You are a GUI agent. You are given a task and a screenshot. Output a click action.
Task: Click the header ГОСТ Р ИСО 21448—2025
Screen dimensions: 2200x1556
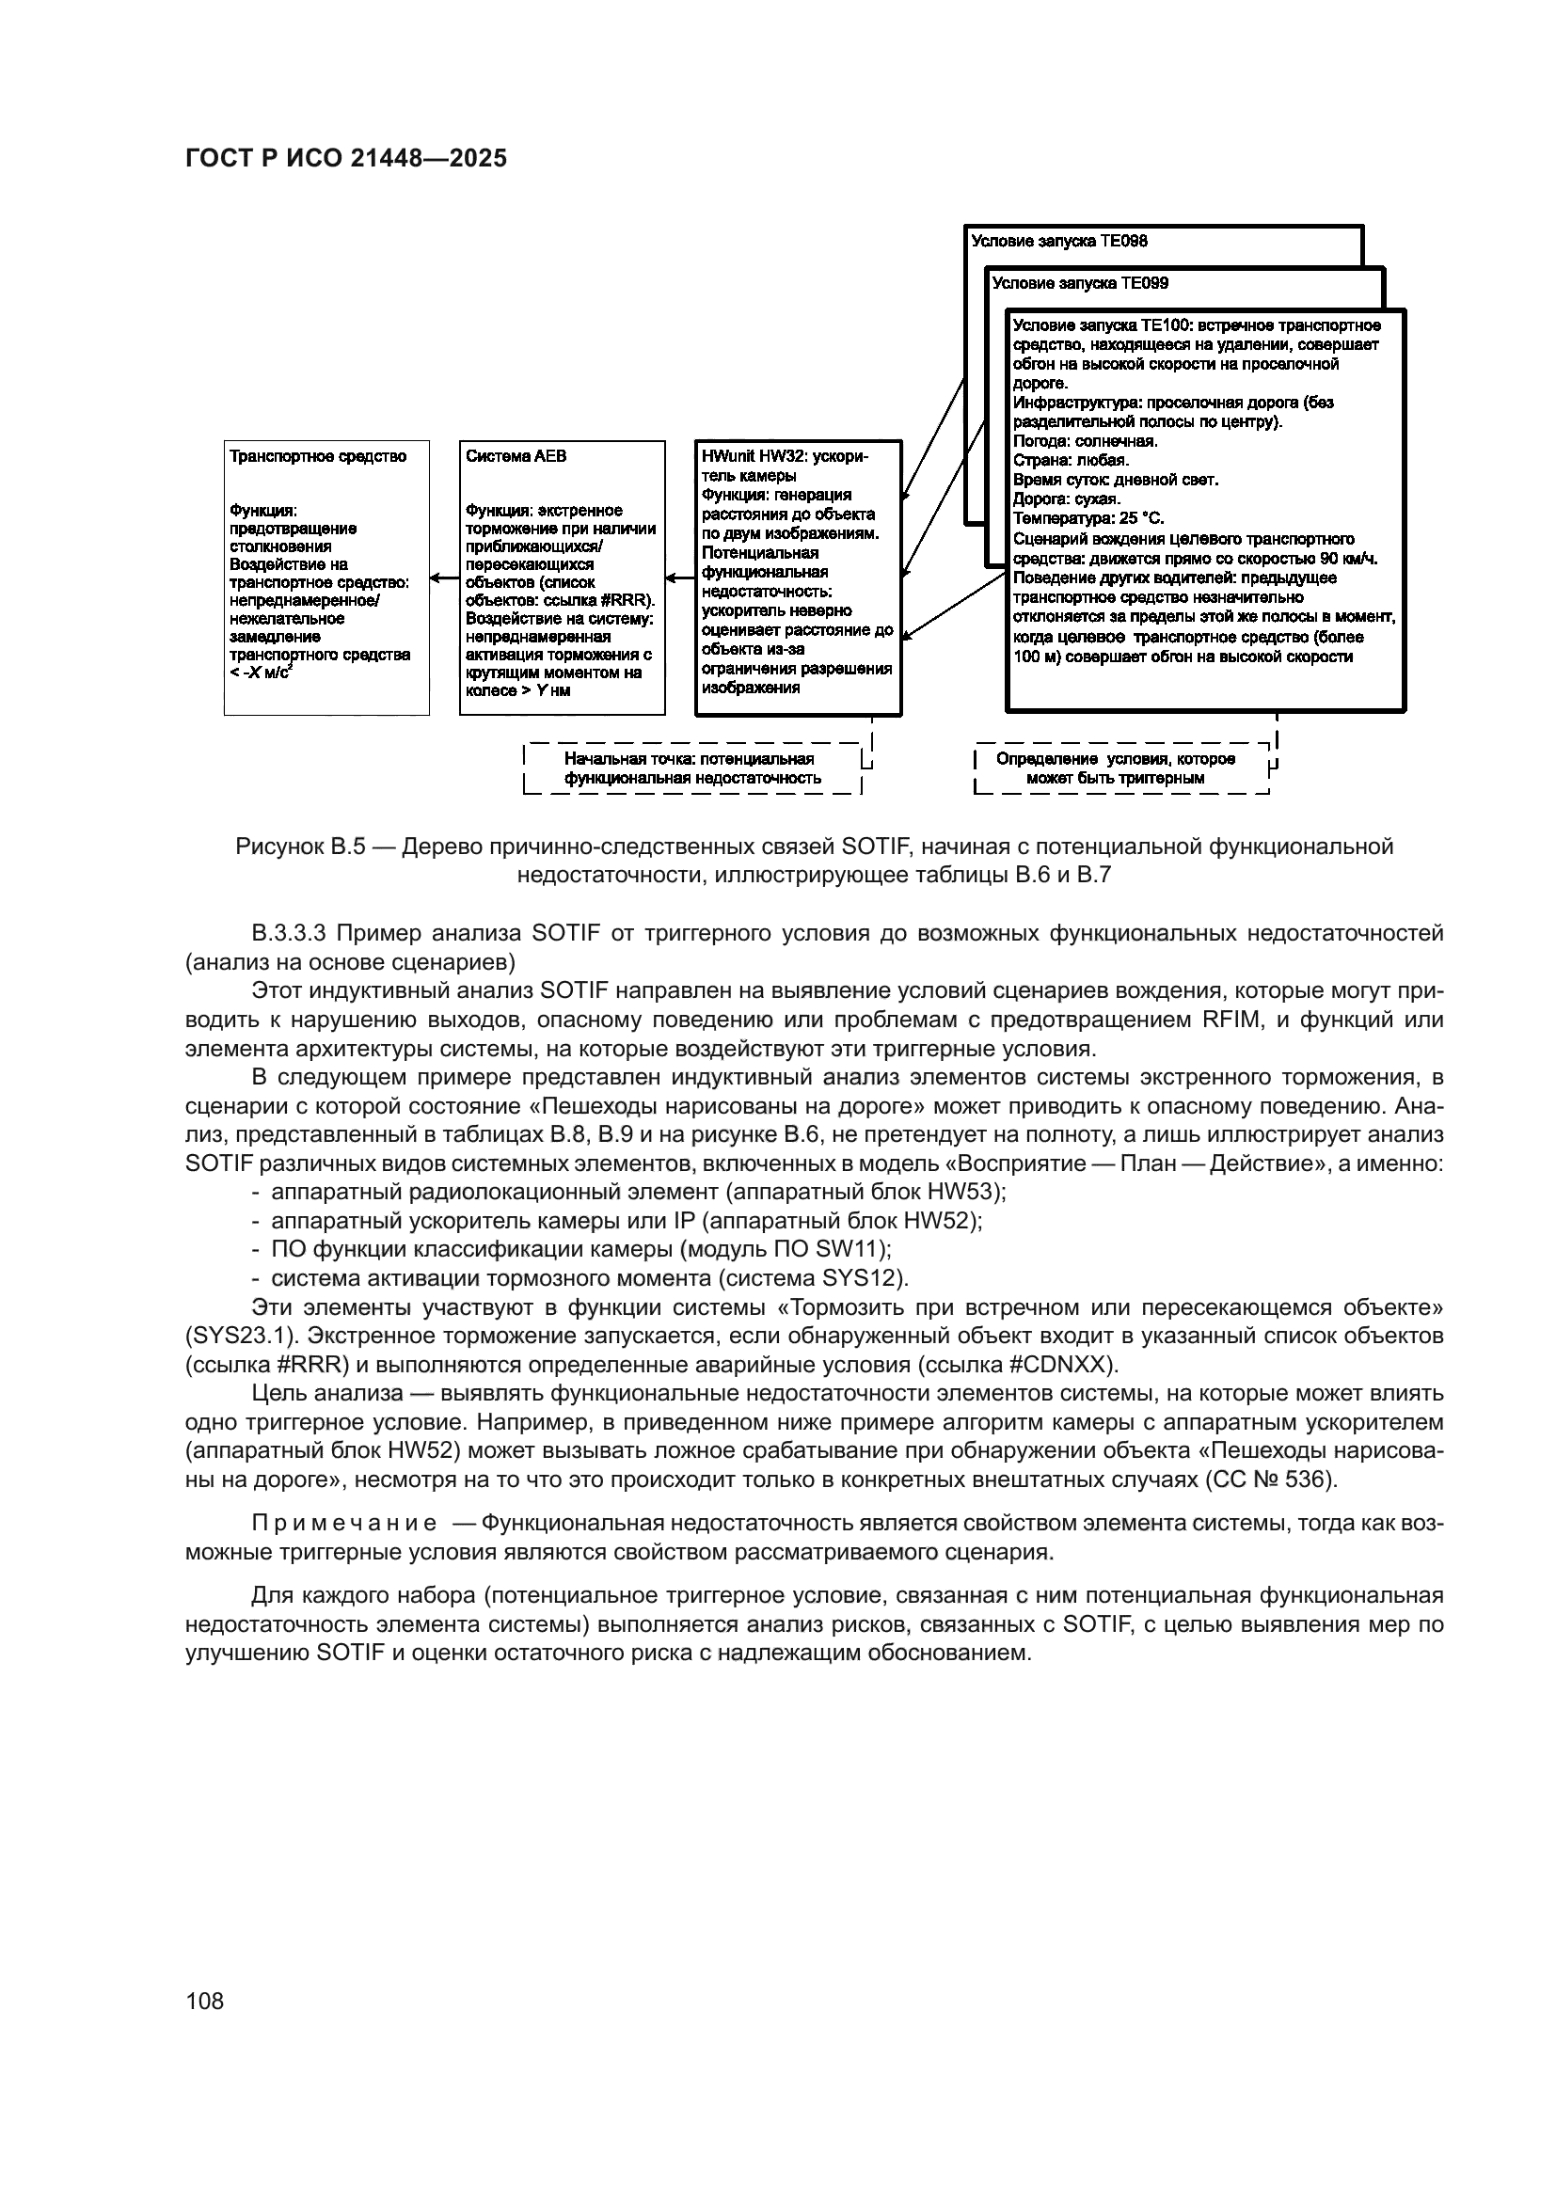pos(345,159)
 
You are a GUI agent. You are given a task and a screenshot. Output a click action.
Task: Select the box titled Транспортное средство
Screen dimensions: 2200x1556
pos(325,577)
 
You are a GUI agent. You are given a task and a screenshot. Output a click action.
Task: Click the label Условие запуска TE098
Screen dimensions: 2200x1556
pos(1058,242)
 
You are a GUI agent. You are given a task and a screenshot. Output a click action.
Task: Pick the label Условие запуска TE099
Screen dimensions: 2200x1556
pos(1080,284)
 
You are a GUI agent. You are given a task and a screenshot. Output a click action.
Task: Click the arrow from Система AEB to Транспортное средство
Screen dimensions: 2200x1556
pos(445,578)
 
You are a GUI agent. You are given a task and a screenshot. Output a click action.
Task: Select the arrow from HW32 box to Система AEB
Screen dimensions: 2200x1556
pos(680,578)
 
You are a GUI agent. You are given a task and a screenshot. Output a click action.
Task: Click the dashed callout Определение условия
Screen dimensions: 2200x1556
pos(1116,768)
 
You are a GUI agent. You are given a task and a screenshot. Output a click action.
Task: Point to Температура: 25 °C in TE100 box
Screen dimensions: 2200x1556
pos(1088,518)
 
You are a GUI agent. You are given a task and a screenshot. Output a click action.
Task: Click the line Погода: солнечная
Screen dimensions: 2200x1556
pos(1085,442)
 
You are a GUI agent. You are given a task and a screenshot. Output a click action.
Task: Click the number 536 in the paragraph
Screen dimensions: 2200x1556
pos(1309,1480)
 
